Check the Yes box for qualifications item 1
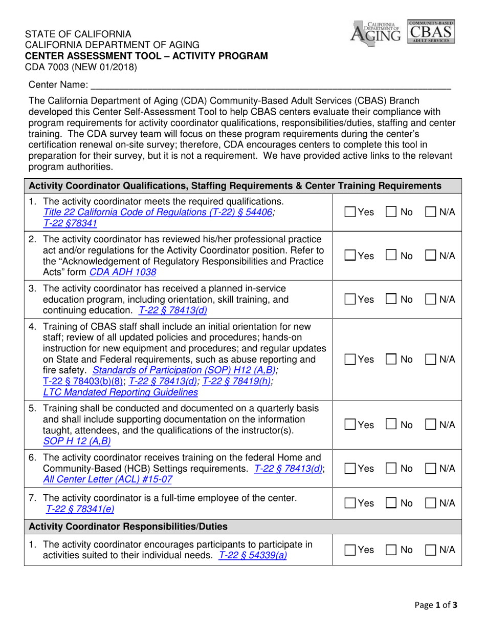[349, 212]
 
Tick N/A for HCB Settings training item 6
[432, 468]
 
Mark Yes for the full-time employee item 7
[349, 504]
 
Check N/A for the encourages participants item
[432, 550]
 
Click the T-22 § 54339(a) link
[252, 555]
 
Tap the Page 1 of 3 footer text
[435, 605]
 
